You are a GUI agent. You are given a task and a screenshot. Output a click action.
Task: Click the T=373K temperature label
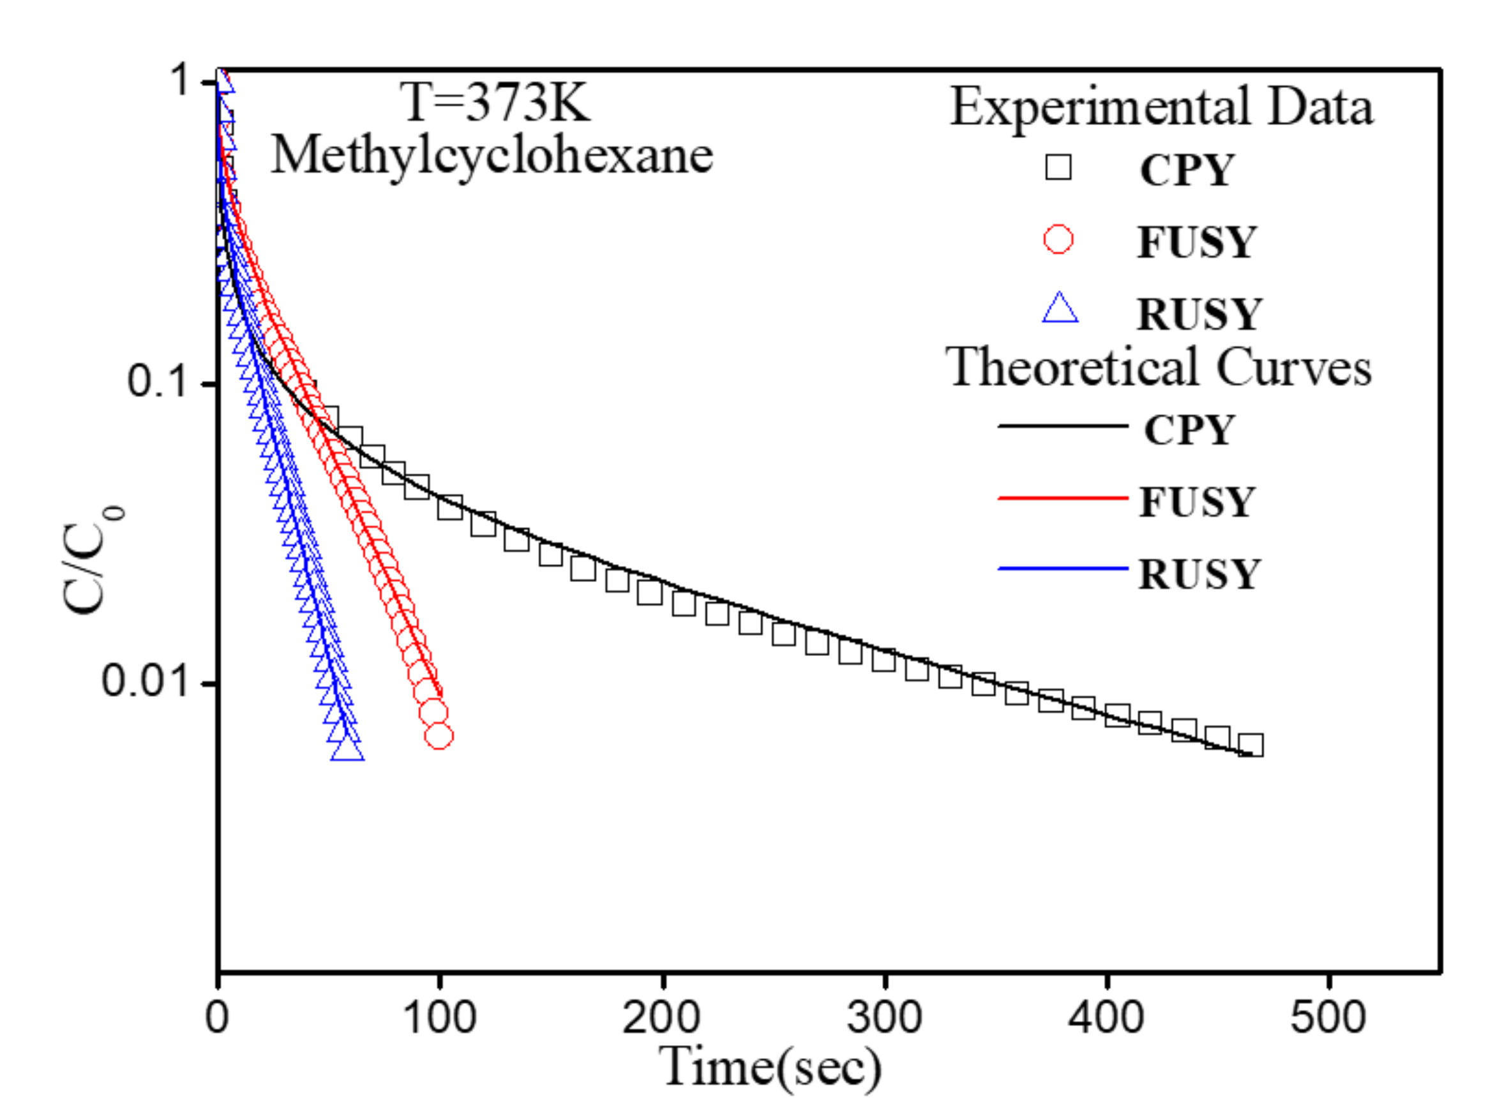pyautogui.click(x=495, y=103)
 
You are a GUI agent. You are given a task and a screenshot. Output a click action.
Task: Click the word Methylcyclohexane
pyautogui.click(x=492, y=156)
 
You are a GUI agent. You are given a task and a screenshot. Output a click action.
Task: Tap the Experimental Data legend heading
pyautogui.click(x=1161, y=107)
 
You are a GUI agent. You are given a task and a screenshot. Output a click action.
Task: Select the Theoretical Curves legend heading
pyautogui.click(x=1158, y=368)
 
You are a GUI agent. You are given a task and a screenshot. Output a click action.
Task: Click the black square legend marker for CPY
pyautogui.click(x=1058, y=167)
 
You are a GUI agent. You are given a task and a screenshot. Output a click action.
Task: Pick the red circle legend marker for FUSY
pyautogui.click(x=1058, y=239)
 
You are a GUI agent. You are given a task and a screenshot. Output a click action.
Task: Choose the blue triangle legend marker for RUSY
pyautogui.click(x=1060, y=309)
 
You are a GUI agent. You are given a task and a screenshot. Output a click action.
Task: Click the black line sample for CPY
pyautogui.click(x=1062, y=426)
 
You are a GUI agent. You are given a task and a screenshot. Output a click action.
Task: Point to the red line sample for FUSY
pyautogui.click(x=1062, y=498)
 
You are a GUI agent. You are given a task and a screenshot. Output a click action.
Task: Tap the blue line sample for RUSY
pyautogui.click(x=1062, y=569)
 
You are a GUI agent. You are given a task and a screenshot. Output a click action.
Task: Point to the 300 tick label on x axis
pyautogui.click(x=884, y=1017)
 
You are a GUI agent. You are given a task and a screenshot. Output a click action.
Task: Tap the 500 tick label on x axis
pyautogui.click(x=1328, y=1017)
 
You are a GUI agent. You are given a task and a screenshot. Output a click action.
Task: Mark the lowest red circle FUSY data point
pyautogui.click(x=439, y=736)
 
